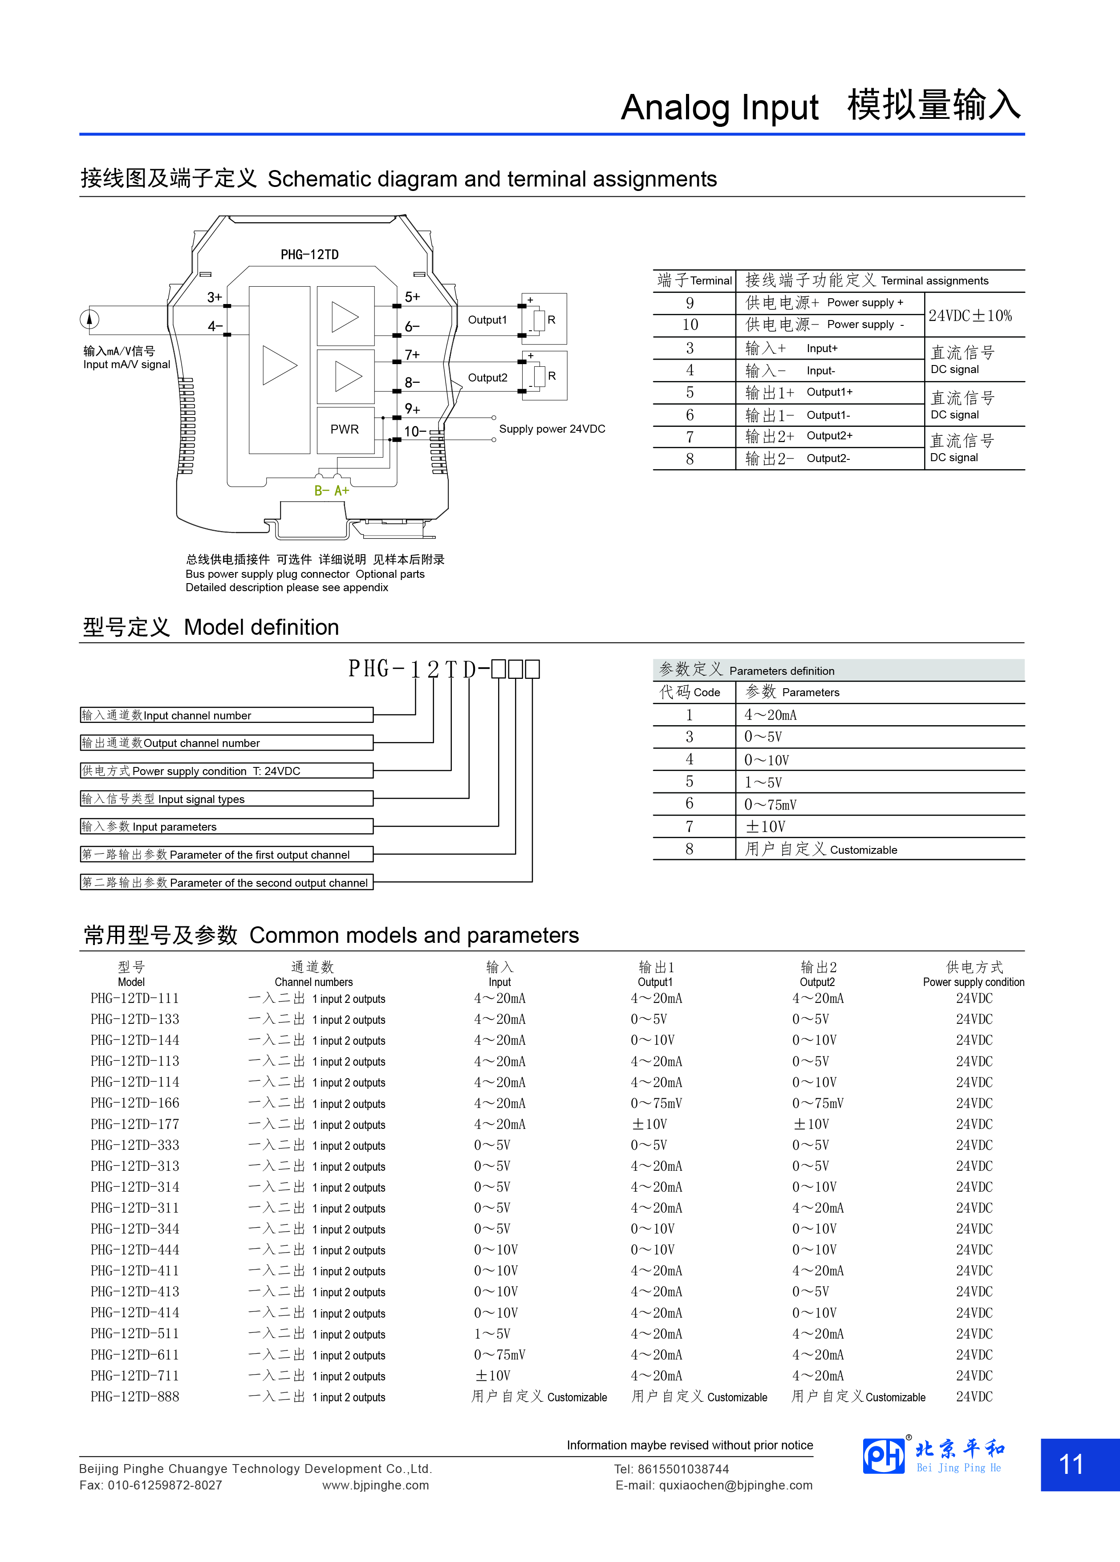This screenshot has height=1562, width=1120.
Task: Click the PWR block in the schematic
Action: pyautogui.click(x=345, y=429)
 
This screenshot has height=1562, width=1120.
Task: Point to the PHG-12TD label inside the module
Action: pyautogui.click(x=309, y=255)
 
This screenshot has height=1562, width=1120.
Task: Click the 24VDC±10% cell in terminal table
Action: pyautogui.click(x=970, y=316)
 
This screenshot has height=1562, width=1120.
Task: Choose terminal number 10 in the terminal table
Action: pyautogui.click(x=690, y=325)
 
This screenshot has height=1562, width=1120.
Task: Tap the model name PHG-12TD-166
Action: pyautogui.click(x=135, y=1104)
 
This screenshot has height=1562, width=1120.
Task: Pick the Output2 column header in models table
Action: pyautogui.click(x=818, y=974)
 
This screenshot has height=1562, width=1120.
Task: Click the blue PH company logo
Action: pyautogui.click(x=884, y=1457)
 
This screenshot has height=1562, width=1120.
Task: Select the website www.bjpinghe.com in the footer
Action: pyautogui.click(x=375, y=1485)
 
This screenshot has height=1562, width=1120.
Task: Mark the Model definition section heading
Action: pyautogui.click(x=211, y=627)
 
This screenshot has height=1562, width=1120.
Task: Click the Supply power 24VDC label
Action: pyautogui.click(x=552, y=429)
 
